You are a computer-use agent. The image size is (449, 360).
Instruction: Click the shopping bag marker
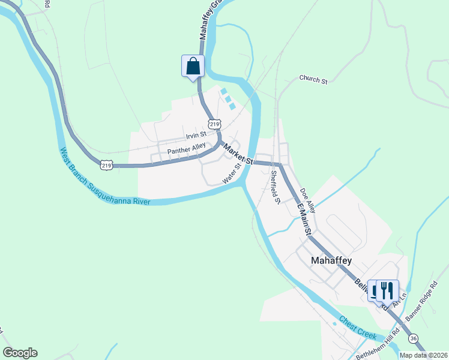pos(193,65)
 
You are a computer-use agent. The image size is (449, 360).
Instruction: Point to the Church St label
pos(313,79)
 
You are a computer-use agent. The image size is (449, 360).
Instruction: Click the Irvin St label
pos(196,135)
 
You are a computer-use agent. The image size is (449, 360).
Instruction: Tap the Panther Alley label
pos(186,148)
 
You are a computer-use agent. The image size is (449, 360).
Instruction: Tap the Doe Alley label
pos(307,199)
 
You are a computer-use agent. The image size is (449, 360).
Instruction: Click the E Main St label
pos(304,220)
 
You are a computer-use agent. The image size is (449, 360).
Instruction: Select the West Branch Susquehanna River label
pos(104,177)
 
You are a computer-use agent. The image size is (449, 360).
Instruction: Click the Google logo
pos(20,353)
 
